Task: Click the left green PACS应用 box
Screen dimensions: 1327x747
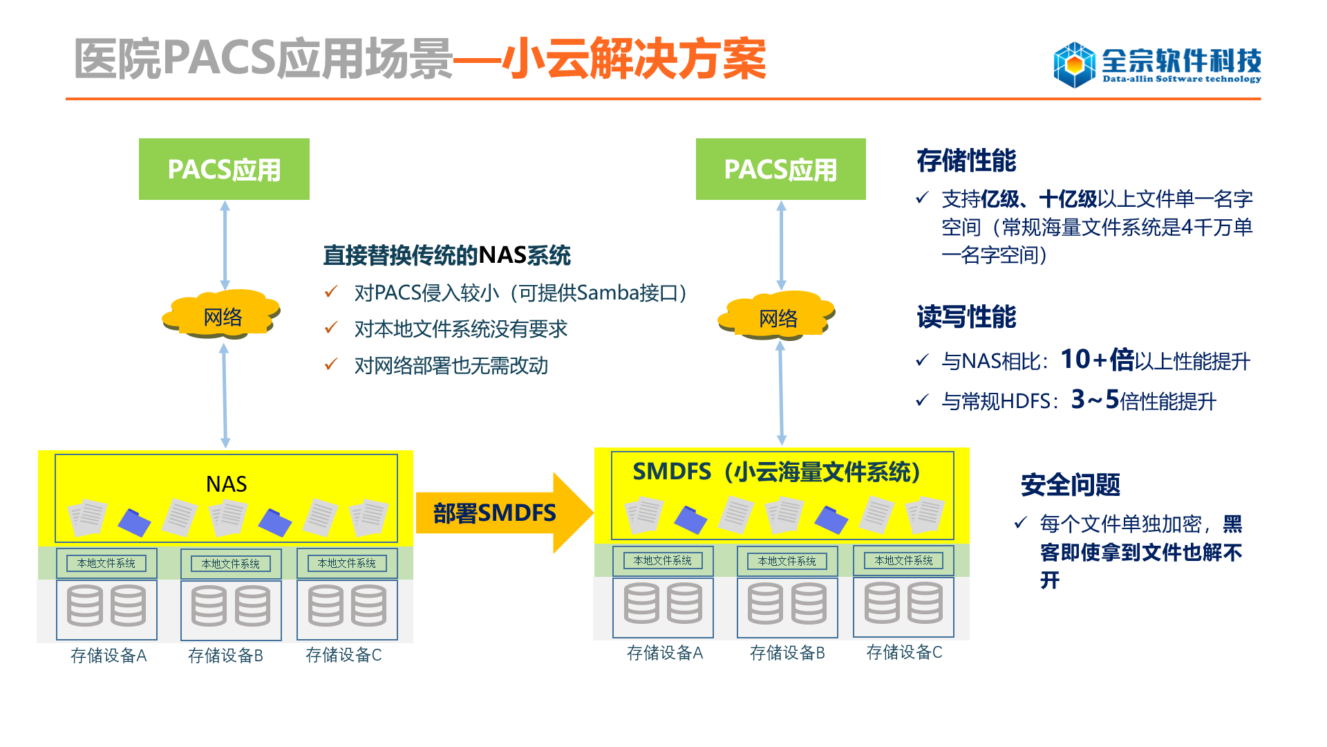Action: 224,169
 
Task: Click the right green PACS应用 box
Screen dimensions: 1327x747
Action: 781,169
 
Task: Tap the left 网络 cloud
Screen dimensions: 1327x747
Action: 222,315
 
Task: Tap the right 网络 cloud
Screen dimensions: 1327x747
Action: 778,316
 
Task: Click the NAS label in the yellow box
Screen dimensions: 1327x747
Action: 227,484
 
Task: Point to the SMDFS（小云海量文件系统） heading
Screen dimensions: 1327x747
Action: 777,472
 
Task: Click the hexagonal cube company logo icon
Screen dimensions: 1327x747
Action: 1074,64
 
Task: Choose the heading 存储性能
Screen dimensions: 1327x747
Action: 966,160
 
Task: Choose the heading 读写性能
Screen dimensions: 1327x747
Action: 966,317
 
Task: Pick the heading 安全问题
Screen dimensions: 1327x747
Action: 1071,485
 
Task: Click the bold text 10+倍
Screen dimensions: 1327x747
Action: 1098,360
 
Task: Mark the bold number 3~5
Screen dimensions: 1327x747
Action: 1095,400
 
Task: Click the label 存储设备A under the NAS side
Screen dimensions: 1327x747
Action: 109,655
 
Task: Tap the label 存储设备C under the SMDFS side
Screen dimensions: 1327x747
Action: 904,652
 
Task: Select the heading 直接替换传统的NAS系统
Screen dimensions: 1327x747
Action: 447,255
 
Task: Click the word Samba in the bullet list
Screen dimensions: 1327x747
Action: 608,293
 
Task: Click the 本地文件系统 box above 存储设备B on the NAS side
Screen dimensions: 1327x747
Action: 231,564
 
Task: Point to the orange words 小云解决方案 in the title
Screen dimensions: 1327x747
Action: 634,59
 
